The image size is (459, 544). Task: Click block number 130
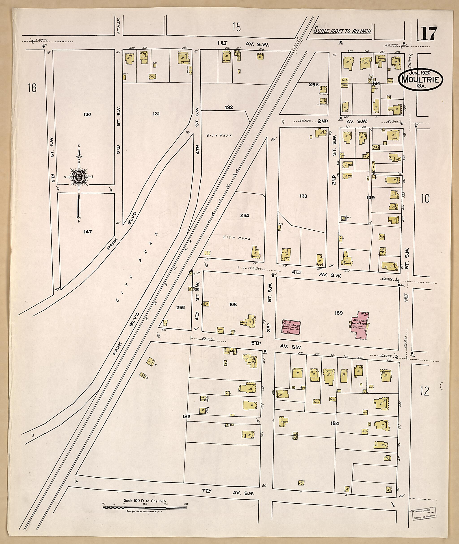pyautogui.click(x=87, y=114)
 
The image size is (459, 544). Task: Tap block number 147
pyautogui.click(x=88, y=232)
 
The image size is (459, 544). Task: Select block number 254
pyautogui.click(x=245, y=215)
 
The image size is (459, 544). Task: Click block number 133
pyautogui.click(x=303, y=196)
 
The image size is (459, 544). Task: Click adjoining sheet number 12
pyautogui.click(x=425, y=399)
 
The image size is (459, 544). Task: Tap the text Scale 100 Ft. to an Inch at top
pyautogui.click(x=342, y=30)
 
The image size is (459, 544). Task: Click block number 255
pyautogui.click(x=181, y=307)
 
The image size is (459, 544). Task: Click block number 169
pyautogui.click(x=338, y=313)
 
